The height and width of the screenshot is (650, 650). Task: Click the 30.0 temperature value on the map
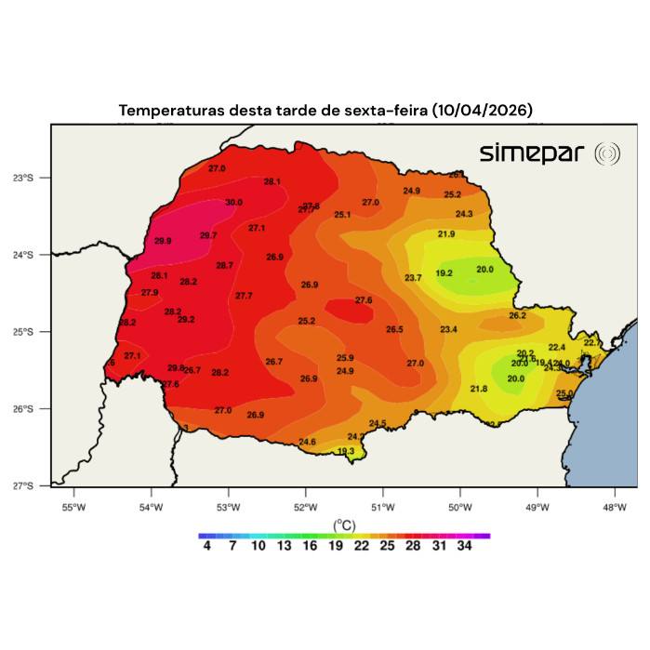point(233,202)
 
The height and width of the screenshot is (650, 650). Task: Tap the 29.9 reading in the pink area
point(163,241)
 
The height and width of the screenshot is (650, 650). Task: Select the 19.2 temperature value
point(444,273)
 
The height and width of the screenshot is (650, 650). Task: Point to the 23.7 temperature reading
point(414,278)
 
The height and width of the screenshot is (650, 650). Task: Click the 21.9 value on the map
point(446,233)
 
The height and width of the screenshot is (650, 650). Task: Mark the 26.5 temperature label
point(394,329)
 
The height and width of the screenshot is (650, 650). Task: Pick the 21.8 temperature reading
point(479,388)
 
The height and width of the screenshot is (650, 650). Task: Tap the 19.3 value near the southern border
point(346,451)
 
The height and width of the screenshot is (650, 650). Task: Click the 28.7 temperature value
point(224,265)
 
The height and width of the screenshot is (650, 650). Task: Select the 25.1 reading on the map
point(342,215)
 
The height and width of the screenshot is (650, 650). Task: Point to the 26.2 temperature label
point(517,315)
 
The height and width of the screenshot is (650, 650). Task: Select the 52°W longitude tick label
point(305,507)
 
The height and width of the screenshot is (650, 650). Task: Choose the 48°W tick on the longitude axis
point(614,507)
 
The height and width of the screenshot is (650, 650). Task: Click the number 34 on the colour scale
point(464,548)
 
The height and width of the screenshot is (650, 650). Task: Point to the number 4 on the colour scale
point(206,548)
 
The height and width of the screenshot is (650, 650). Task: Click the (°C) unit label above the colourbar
point(344,524)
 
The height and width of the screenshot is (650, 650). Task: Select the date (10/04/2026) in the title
point(482,110)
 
